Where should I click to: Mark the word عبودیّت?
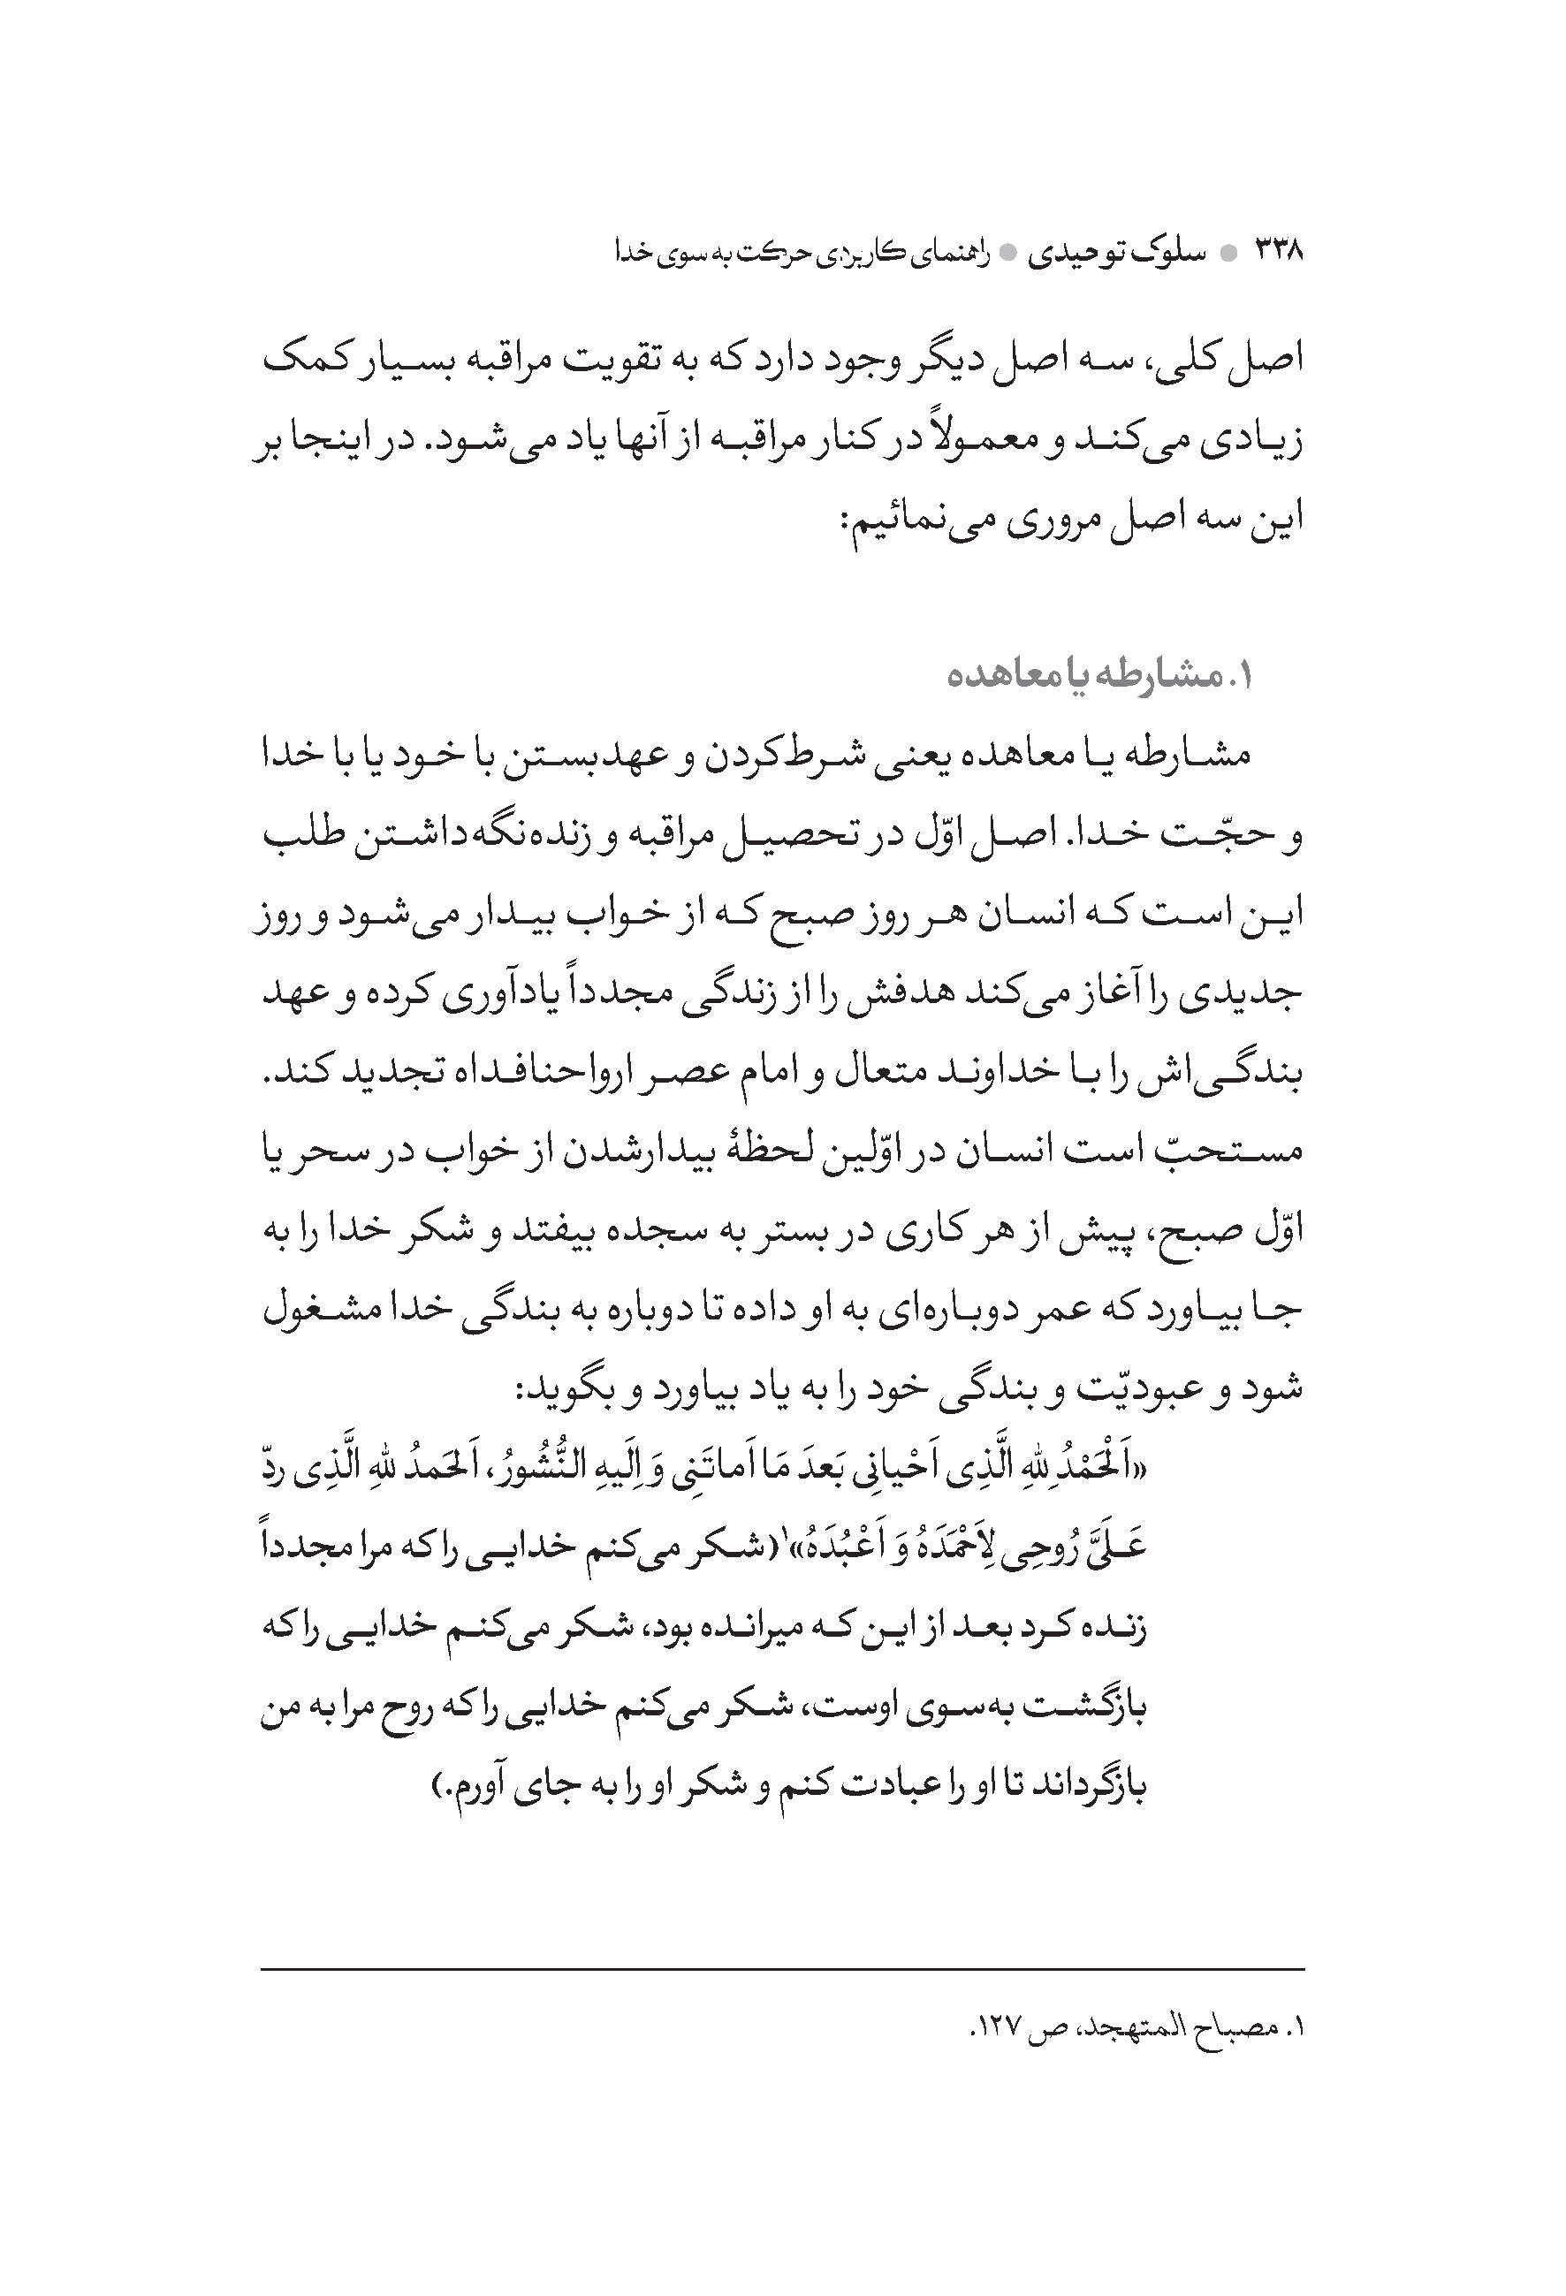click(1105, 1389)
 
